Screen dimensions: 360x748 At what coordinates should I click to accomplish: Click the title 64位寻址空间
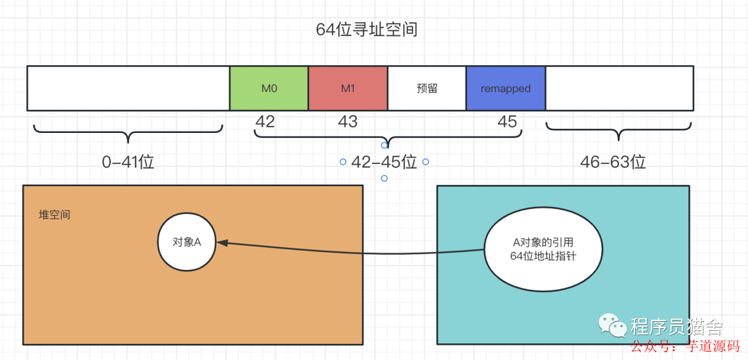[366, 30]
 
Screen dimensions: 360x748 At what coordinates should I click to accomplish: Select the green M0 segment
[269, 89]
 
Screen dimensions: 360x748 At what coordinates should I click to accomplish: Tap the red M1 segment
[348, 89]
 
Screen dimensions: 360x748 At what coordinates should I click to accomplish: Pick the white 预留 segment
[427, 89]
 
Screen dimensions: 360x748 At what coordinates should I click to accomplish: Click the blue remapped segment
[506, 89]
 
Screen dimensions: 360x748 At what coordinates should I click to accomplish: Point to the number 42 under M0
[265, 122]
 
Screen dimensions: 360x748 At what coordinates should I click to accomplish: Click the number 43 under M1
[348, 122]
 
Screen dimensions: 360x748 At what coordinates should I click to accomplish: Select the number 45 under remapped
[508, 122]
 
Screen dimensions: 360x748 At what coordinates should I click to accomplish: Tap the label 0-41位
[127, 162]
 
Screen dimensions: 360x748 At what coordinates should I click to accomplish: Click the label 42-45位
[384, 162]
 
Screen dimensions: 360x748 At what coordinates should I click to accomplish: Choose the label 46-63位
[613, 162]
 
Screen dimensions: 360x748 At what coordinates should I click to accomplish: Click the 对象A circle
[187, 242]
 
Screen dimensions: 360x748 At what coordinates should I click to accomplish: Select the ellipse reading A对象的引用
[543, 250]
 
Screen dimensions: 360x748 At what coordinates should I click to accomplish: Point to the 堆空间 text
[55, 215]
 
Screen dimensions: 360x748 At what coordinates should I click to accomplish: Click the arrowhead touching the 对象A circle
[223, 242]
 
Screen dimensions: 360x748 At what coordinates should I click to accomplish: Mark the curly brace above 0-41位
[128, 132]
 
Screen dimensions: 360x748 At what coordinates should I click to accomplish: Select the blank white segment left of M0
[128, 89]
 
